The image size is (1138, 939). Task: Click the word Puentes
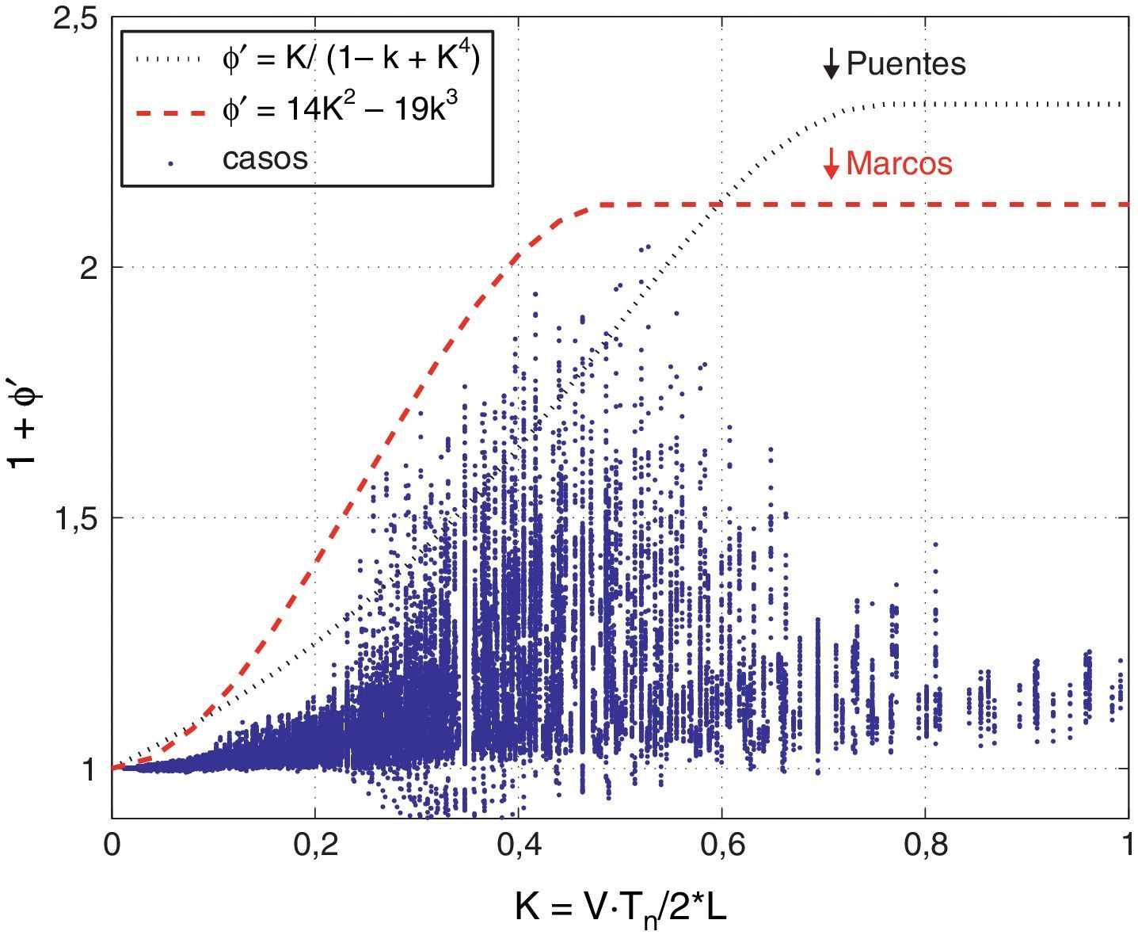tap(906, 64)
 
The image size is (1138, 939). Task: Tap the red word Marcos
tap(899, 163)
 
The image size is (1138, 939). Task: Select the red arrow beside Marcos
tap(830, 164)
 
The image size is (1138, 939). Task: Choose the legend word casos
tap(265, 159)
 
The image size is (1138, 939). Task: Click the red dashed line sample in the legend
tap(169, 113)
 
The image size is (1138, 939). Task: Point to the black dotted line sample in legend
tap(169, 59)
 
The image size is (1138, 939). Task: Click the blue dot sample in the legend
tap(170, 164)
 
